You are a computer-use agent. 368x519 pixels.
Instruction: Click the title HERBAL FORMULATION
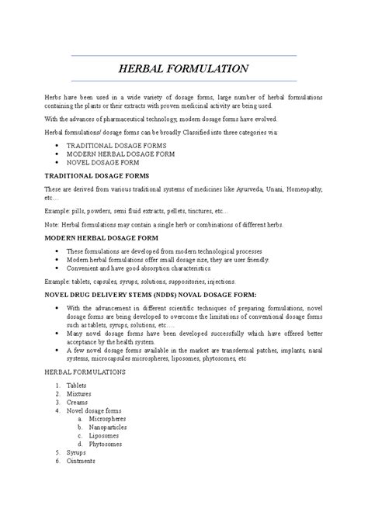click(x=183, y=68)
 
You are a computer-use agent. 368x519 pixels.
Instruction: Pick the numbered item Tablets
click(x=77, y=385)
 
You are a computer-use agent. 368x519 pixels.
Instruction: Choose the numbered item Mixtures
click(x=79, y=393)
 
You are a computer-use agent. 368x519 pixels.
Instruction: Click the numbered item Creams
click(x=78, y=402)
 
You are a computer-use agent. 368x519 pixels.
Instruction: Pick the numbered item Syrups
click(x=76, y=452)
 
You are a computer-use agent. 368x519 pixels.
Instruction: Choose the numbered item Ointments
click(x=81, y=461)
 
